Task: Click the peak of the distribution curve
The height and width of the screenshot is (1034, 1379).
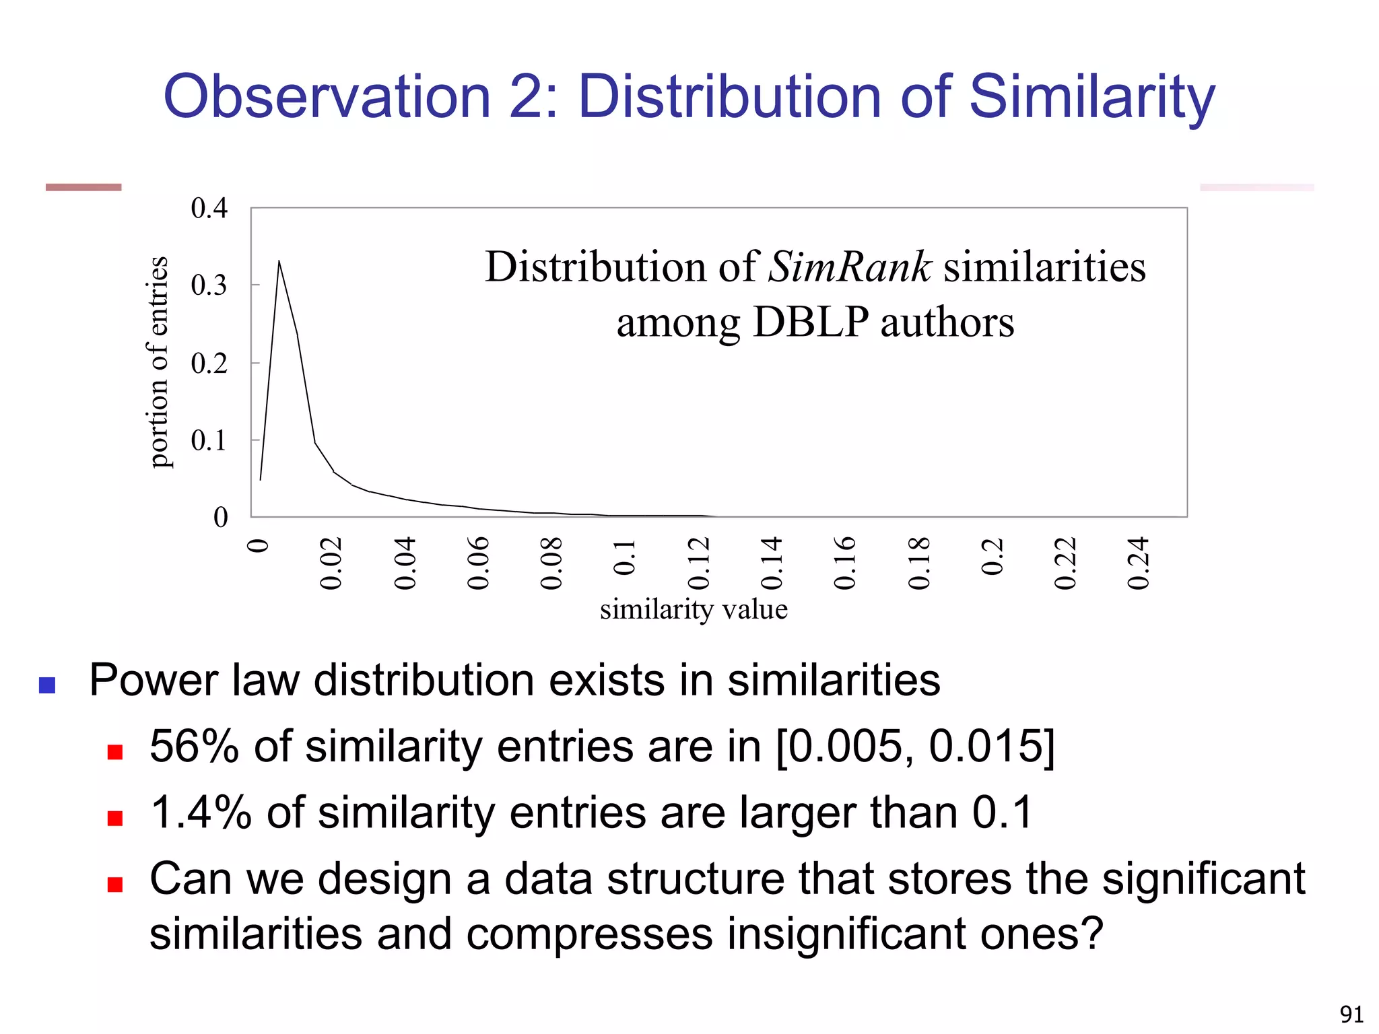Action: tap(279, 261)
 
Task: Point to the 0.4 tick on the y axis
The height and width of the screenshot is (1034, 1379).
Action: tap(209, 209)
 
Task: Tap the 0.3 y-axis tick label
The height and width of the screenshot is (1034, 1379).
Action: tap(209, 285)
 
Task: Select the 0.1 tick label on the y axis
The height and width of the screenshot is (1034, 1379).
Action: tap(209, 441)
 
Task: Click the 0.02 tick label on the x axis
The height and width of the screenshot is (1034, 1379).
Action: tap(331, 563)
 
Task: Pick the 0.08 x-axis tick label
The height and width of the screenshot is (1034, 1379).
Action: tap(551, 563)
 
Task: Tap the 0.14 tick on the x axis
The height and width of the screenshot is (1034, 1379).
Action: tap(772, 563)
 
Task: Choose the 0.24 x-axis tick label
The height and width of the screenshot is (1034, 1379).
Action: tap(1139, 563)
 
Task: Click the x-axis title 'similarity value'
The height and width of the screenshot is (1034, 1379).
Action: tap(694, 609)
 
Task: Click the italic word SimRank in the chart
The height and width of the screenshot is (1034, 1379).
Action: tap(850, 267)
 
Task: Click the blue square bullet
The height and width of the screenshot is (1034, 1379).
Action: tap(47, 685)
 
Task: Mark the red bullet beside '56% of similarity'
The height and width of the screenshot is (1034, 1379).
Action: tap(115, 752)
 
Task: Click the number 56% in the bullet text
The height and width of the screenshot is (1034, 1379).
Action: tap(194, 747)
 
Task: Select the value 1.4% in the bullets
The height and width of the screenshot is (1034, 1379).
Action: tap(201, 813)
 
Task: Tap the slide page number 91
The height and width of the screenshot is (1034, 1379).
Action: tap(1351, 1014)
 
